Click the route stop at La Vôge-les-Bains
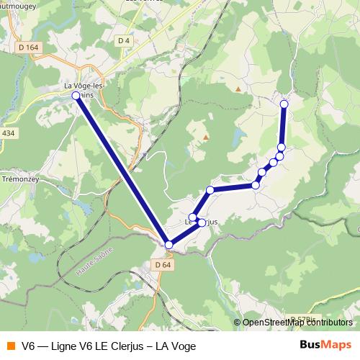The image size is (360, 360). pyautogui.click(x=76, y=95)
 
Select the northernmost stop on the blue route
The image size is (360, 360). pyautogui.click(x=284, y=104)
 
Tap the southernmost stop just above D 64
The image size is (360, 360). pyautogui.click(x=169, y=245)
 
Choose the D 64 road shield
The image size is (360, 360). pyautogui.click(x=163, y=265)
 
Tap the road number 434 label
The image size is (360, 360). pyautogui.click(x=8, y=133)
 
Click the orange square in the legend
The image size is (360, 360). pyautogui.click(x=10, y=345)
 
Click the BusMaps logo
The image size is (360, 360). pyautogui.click(x=325, y=344)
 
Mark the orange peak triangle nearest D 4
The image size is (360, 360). pyautogui.click(x=238, y=89)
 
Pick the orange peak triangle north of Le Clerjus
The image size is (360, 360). pyautogui.click(x=205, y=137)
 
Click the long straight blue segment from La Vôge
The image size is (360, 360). pyautogui.click(x=122, y=170)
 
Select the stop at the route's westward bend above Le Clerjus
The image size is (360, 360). pyautogui.click(x=210, y=190)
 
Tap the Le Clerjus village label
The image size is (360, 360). pyautogui.click(x=201, y=222)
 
